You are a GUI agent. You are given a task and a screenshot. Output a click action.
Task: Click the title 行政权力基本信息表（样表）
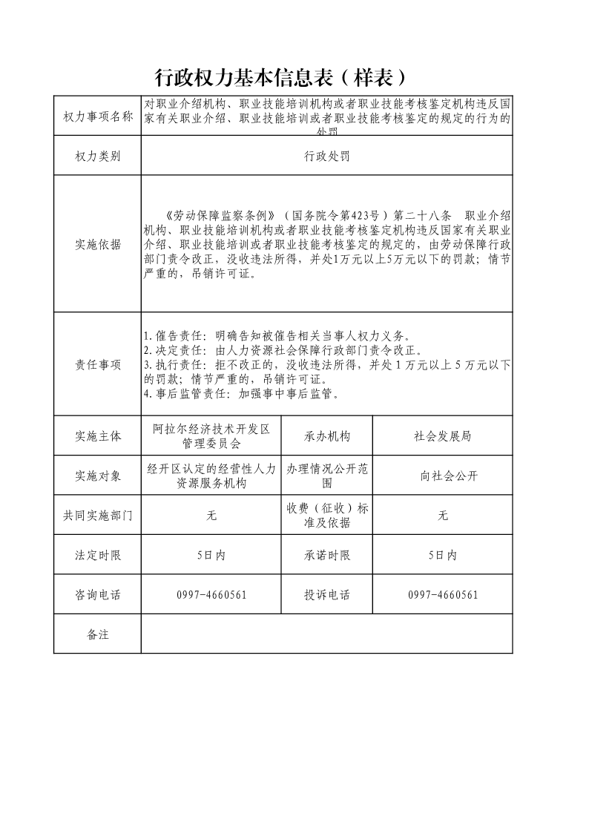282,77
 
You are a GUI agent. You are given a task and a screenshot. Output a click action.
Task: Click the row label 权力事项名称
97,116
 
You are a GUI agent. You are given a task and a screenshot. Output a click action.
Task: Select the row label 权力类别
97,156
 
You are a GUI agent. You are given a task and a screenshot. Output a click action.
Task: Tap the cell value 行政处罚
326,156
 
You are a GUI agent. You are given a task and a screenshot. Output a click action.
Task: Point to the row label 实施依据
97,244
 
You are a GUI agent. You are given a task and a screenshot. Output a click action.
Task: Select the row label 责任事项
97,364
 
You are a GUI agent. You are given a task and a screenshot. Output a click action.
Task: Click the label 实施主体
97,436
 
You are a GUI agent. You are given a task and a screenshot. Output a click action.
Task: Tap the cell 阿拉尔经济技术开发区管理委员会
211,436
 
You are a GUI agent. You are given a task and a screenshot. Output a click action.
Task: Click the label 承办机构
326,436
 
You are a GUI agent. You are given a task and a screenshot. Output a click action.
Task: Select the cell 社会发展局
442,436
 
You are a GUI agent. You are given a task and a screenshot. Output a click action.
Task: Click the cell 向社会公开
442,476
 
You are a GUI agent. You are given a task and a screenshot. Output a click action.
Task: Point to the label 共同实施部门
97,516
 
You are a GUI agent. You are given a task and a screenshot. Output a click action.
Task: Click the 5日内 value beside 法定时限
211,556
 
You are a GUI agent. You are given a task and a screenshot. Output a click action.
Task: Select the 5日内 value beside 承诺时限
442,556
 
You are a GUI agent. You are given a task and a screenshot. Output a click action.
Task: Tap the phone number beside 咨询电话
211,595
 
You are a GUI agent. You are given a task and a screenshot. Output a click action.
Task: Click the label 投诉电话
326,595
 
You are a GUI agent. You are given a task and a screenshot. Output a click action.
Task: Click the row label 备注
97,634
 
